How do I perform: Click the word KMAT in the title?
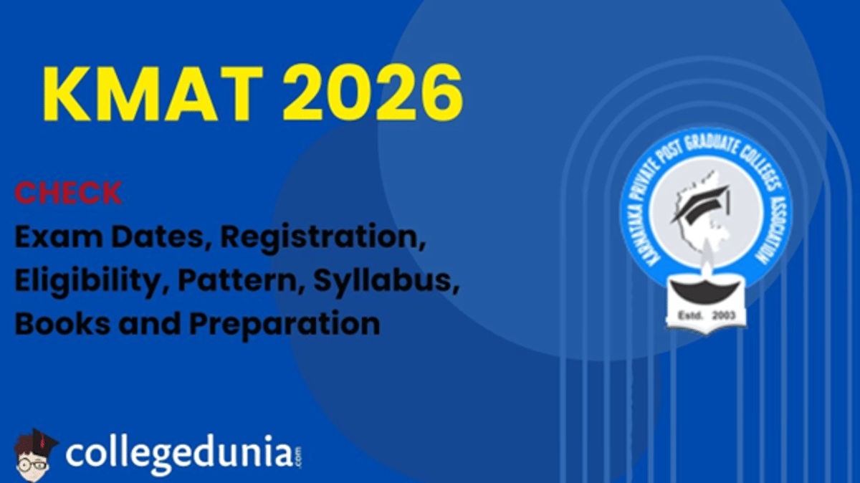click(153, 93)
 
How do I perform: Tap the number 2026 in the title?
click(373, 93)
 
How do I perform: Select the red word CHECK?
click(68, 193)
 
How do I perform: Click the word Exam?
click(59, 237)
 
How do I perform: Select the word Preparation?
click(285, 325)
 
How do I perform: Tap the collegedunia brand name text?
click(179, 455)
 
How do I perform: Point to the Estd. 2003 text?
click(706, 316)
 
